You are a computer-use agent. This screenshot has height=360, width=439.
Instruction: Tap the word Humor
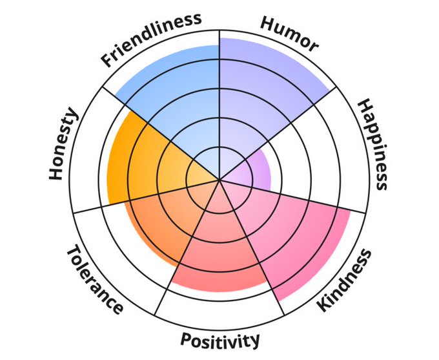point(290,33)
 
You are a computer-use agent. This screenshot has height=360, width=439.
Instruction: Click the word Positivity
point(220,339)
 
